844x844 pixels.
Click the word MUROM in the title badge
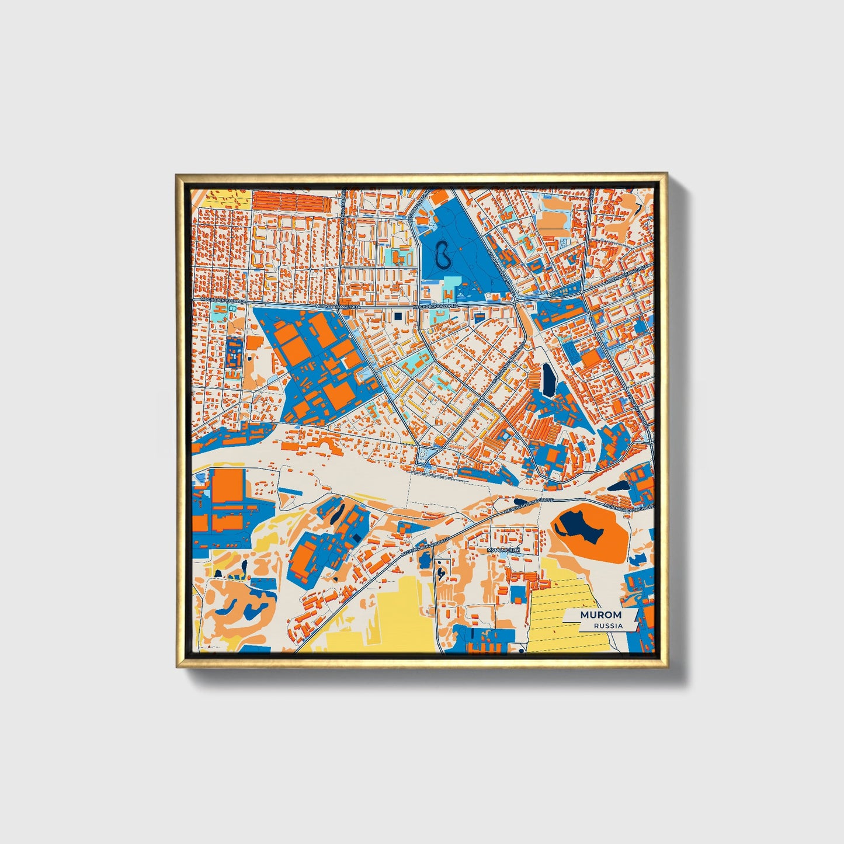click(x=601, y=615)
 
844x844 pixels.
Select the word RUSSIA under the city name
click(x=607, y=626)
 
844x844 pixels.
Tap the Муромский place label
click(x=503, y=550)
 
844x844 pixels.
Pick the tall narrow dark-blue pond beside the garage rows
click(x=548, y=380)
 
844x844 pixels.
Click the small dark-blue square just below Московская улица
click(x=399, y=317)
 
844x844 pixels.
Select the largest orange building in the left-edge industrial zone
click(x=226, y=485)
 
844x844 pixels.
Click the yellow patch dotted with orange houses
click(x=228, y=199)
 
